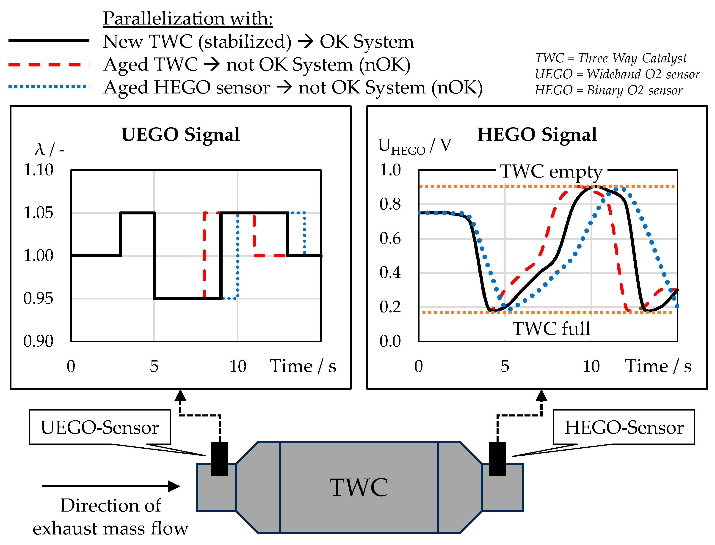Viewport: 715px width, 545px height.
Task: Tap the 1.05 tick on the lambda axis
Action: tap(38, 213)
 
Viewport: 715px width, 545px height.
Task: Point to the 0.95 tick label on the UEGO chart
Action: tap(38, 299)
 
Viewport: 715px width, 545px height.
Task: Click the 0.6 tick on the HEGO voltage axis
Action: tap(390, 239)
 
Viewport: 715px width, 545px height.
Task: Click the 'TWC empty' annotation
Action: tap(551, 171)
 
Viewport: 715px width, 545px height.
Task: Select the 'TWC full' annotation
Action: tap(551, 328)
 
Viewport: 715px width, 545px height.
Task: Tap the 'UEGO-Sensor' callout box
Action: tap(100, 427)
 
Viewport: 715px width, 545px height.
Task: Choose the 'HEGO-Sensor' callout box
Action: tap(624, 427)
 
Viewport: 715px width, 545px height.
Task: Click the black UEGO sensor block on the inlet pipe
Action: tap(220, 458)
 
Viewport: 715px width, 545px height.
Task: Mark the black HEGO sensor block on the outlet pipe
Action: tap(497, 458)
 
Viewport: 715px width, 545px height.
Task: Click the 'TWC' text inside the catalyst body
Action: tap(359, 487)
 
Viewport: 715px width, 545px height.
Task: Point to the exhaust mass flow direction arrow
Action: tap(110, 486)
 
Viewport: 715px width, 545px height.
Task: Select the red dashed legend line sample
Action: tap(49, 65)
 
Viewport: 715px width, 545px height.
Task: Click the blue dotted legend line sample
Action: tap(49, 87)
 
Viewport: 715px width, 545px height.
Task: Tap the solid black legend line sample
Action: tap(49, 40)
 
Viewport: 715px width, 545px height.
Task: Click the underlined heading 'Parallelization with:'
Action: tap(188, 19)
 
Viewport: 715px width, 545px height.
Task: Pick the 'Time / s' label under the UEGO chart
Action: tap(303, 366)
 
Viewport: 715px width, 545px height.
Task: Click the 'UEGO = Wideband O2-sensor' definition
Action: tap(617, 74)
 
